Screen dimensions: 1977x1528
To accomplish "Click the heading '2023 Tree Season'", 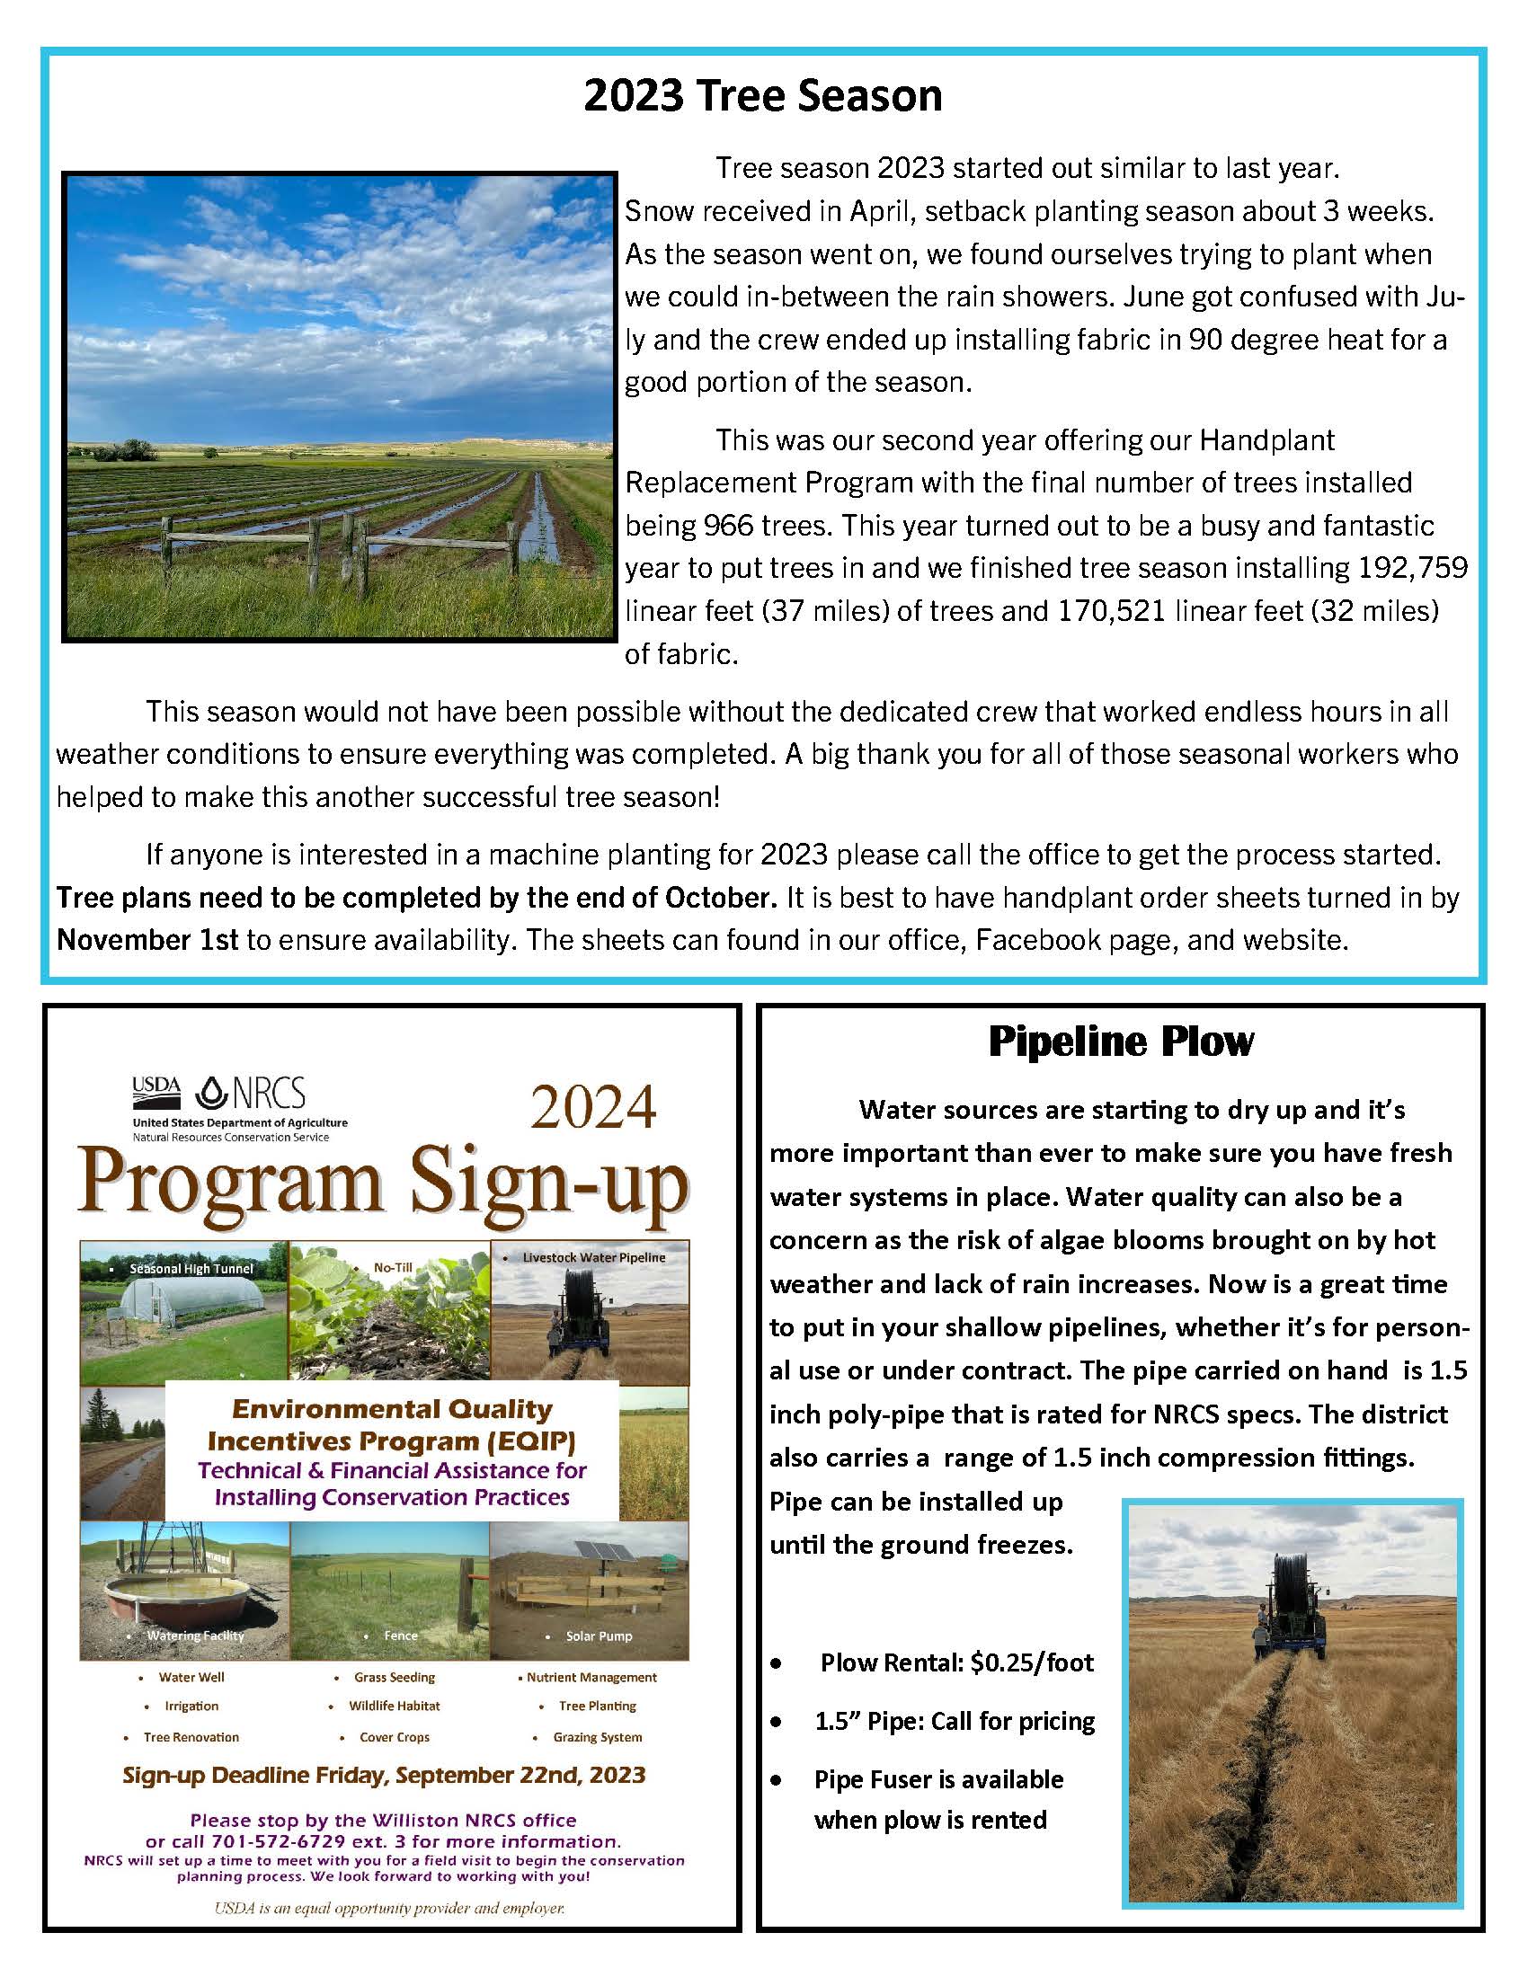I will (x=763, y=96).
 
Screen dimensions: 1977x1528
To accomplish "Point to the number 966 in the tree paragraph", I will (x=728, y=526).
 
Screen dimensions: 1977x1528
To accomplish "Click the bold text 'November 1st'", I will (x=147, y=940).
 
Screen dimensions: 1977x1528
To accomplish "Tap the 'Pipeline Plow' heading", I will (x=1121, y=1042).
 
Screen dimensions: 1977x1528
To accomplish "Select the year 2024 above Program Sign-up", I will (x=593, y=1108).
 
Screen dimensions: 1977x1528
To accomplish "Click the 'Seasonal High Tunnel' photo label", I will (x=191, y=1269).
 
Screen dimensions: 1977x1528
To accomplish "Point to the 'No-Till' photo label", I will (x=393, y=1267).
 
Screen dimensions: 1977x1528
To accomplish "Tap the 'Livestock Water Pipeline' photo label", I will (x=594, y=1257).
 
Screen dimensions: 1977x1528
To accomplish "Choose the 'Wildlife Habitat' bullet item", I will (x=395, y=1706).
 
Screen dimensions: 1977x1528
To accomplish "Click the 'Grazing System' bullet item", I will (x=598, y=1737).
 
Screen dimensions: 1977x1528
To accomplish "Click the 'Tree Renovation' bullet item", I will (x=191, y=1737).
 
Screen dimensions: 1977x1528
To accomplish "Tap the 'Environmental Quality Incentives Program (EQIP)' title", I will (x=391, y=1424).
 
